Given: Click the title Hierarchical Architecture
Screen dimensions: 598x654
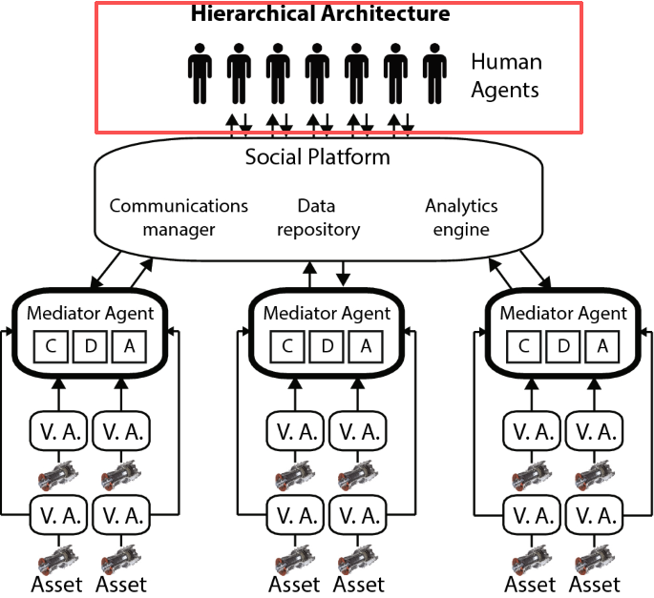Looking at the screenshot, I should click(320, 14).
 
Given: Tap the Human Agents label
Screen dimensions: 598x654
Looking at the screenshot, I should click(506, 76).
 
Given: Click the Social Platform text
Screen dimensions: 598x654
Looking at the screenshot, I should click(318, 156).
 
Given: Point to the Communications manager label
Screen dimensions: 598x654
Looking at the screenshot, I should click(179, 217).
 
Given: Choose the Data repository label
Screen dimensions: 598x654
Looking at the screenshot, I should click(316, 217).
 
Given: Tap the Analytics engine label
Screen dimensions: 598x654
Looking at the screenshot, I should click(461, 217).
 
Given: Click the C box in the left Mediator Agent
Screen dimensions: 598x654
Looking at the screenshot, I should click(51, 346).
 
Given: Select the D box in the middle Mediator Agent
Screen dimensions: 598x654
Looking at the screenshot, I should click(327, 346).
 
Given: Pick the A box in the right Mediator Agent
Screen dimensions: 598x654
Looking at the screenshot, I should click(602, 346).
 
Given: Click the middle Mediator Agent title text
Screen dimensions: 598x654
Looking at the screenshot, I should click(327, 313).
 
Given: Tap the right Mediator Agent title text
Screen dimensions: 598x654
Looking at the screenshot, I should click(564, 313).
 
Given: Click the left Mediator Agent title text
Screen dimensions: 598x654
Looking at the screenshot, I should click(89, 313).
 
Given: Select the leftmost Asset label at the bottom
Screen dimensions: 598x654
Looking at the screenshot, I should click(57, 584).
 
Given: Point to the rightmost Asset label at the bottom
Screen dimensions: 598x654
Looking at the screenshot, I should click(594, 584).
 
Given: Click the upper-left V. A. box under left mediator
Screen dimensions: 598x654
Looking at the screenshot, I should click(57, 431).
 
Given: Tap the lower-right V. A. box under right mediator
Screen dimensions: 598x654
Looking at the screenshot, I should click(595, 516).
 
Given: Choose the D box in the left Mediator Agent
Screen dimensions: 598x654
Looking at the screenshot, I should click(90, 346).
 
